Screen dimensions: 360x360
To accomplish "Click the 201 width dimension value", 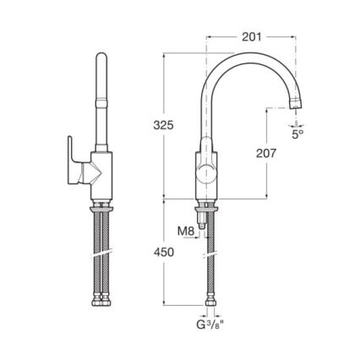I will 251,37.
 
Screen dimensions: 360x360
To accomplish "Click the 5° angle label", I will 297,134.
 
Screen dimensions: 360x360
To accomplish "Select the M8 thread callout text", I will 185,230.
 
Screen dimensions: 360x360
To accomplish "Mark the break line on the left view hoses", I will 101,253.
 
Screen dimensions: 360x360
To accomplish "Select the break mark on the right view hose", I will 210,253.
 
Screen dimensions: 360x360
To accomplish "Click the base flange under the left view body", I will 102,200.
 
